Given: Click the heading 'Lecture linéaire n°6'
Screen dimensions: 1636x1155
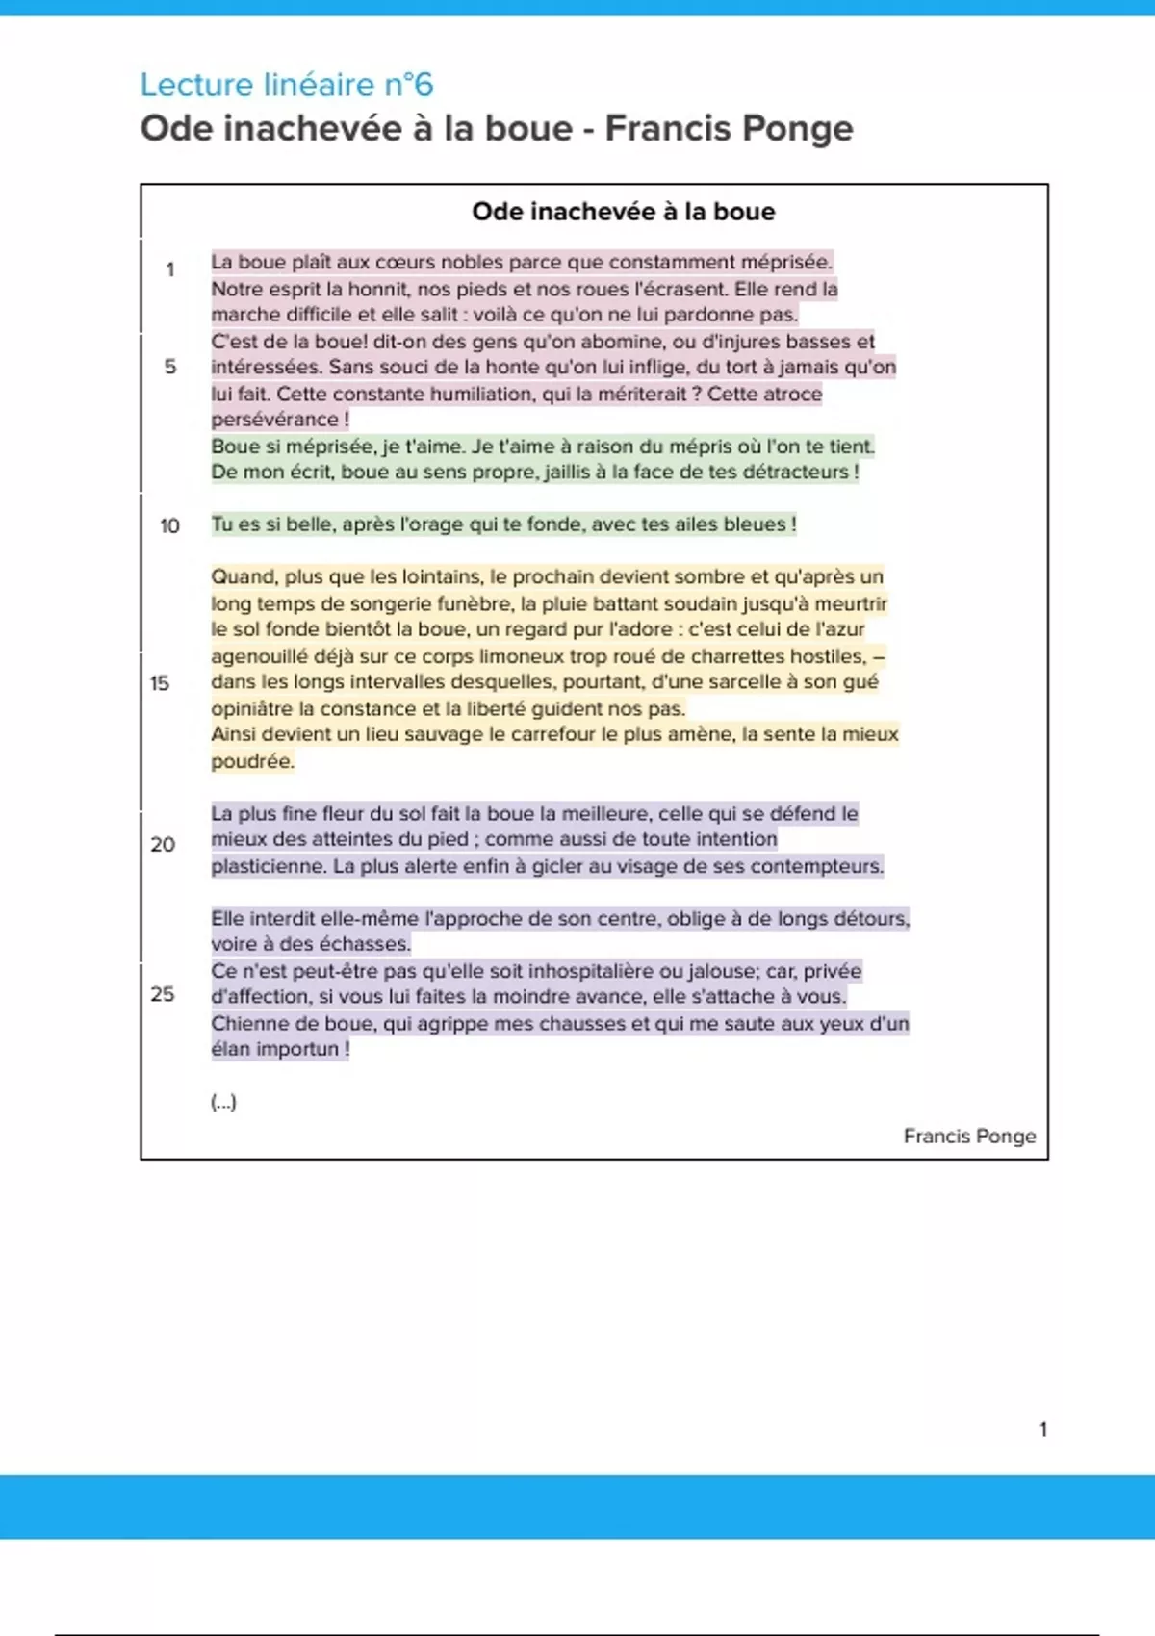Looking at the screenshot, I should (287, 85).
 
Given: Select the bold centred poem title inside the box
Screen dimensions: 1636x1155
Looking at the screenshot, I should (623, 212).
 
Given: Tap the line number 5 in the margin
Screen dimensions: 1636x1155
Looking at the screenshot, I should (170, 367).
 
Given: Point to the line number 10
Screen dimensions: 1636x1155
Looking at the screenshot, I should (169, 525).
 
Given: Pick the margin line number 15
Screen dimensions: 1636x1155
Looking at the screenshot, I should (160, 683).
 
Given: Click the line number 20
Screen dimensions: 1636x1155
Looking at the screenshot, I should (163, 844).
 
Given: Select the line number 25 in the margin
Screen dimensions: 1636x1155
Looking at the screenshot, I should (163, 993).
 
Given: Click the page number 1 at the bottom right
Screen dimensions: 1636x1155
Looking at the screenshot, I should (1043, 1429).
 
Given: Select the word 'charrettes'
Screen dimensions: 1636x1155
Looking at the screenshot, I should (738, 656).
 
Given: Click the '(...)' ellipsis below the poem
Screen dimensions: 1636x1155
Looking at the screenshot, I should (223, 1102).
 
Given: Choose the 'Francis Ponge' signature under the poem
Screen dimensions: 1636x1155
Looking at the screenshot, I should (969, 1136).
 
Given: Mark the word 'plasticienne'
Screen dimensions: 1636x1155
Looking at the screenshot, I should (268, 866).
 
